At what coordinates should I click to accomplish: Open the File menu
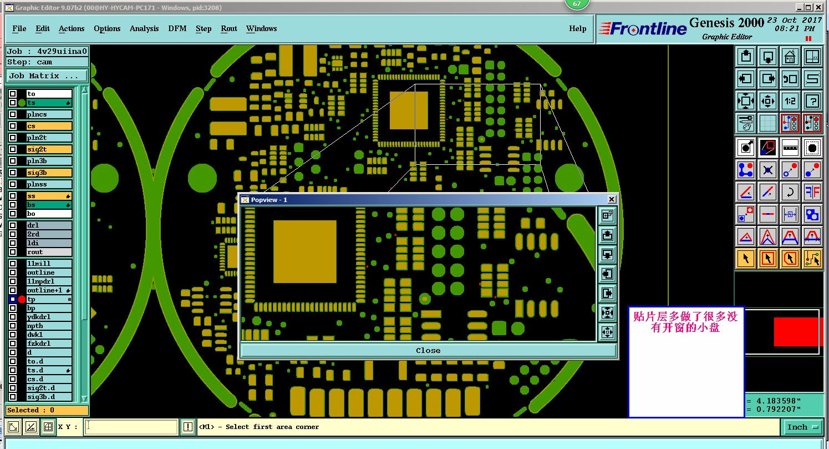[x=19, y=28]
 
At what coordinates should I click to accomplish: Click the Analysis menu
[x=144, y=28]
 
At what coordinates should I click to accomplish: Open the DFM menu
[x=177, y=28]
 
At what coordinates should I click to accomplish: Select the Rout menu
[x=228, y=28]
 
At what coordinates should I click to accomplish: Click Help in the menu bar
[x=577, y=28]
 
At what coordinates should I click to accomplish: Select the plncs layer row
[x=49, y=114]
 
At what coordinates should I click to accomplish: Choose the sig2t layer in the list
[x=49, y=149]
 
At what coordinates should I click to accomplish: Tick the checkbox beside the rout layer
[x=13, y=252]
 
